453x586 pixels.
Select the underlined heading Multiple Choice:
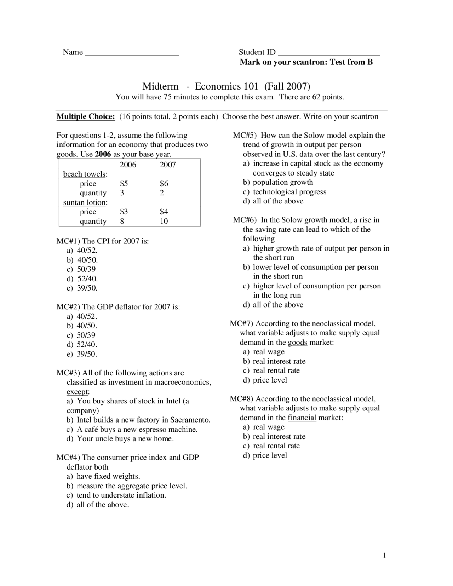[86, 117]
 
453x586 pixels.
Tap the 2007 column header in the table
[167, 165]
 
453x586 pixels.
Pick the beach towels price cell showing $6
[164, 184]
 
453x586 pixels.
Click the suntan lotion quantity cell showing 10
[164, 222]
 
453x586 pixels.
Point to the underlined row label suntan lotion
[85, 203]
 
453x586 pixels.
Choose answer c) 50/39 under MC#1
[81, 269]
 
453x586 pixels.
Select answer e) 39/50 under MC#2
[82, 354]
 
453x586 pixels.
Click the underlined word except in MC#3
[77, 392]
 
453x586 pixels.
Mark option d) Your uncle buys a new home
[120, 439]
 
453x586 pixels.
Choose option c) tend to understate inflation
[116, 495]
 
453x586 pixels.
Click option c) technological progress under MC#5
[285, 192]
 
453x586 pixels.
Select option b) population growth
[278, 182]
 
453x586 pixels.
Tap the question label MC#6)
[245, 220]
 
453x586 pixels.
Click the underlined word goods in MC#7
[297, 343]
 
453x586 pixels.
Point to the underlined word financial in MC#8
[302, 418]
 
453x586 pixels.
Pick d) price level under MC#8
[265, 455]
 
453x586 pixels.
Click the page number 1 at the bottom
[384, 556]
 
